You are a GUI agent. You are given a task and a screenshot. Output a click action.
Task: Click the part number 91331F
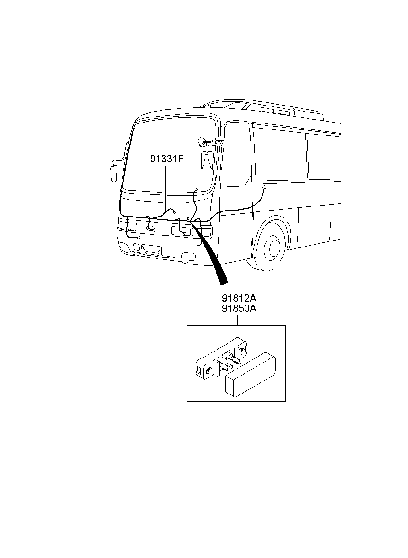coord(167,159)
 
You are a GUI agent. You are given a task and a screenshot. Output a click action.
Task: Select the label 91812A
coord(239,298)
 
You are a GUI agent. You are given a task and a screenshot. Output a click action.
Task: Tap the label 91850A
coord(239,309)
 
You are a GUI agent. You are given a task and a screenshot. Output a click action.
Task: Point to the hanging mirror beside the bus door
coord(207,161)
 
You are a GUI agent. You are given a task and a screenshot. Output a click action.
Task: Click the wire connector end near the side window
coord(265,187)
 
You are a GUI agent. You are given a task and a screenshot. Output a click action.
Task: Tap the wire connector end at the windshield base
coord(196,190)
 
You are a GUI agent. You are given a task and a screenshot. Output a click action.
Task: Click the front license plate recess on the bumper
coord(152,250)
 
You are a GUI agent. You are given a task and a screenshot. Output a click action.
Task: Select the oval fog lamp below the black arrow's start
coord(188,256)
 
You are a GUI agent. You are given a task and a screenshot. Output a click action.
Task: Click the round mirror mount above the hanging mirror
coord(201,142)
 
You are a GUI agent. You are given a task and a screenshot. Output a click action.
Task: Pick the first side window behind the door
coord(281,154)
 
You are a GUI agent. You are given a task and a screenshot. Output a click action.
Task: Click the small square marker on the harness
coord(188,218)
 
